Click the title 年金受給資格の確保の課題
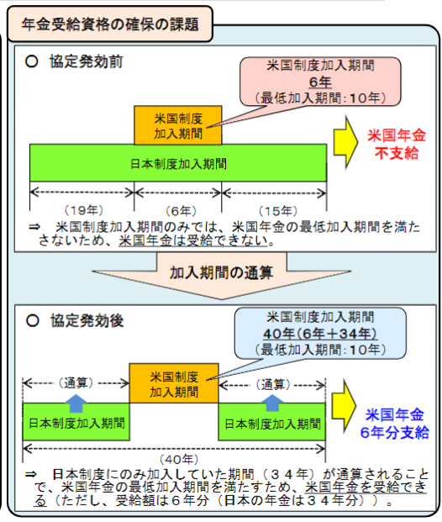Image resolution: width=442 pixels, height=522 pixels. tap(110, 24)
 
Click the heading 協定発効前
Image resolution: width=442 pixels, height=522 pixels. tap(87, 61)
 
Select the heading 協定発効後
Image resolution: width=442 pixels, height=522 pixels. tap(87, 321)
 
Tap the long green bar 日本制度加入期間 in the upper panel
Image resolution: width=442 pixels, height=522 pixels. tap(178, 163)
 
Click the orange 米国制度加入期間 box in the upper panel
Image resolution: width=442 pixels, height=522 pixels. tap(178, 125)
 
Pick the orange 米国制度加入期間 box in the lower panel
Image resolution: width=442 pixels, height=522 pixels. tap(174, 383)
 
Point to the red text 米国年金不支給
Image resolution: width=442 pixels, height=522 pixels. tap(397, 144)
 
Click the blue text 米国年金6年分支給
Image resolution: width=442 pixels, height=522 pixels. tap(394, 424)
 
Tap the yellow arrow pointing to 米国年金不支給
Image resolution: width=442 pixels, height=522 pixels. tap(345, 142)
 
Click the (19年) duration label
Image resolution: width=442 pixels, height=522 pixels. tap(83, 210)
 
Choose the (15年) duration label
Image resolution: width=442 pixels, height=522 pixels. tap(277, 211)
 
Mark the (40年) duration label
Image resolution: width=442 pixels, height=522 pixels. tap(179, 460)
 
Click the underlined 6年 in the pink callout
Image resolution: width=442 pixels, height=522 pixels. tap(320, 82)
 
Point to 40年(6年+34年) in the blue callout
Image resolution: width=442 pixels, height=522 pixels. tap(320, 334)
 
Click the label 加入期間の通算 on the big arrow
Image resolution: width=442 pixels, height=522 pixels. tap(221, 273)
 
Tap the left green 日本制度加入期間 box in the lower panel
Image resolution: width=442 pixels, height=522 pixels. tap(76, 422)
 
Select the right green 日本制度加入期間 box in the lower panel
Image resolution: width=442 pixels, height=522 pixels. tap(271, 422)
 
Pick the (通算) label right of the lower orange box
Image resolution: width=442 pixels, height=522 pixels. tap(273, 385)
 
